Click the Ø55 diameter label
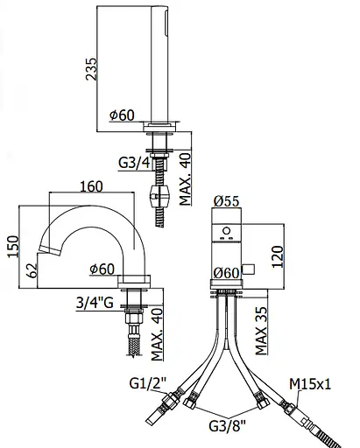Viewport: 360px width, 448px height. [226, 200]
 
